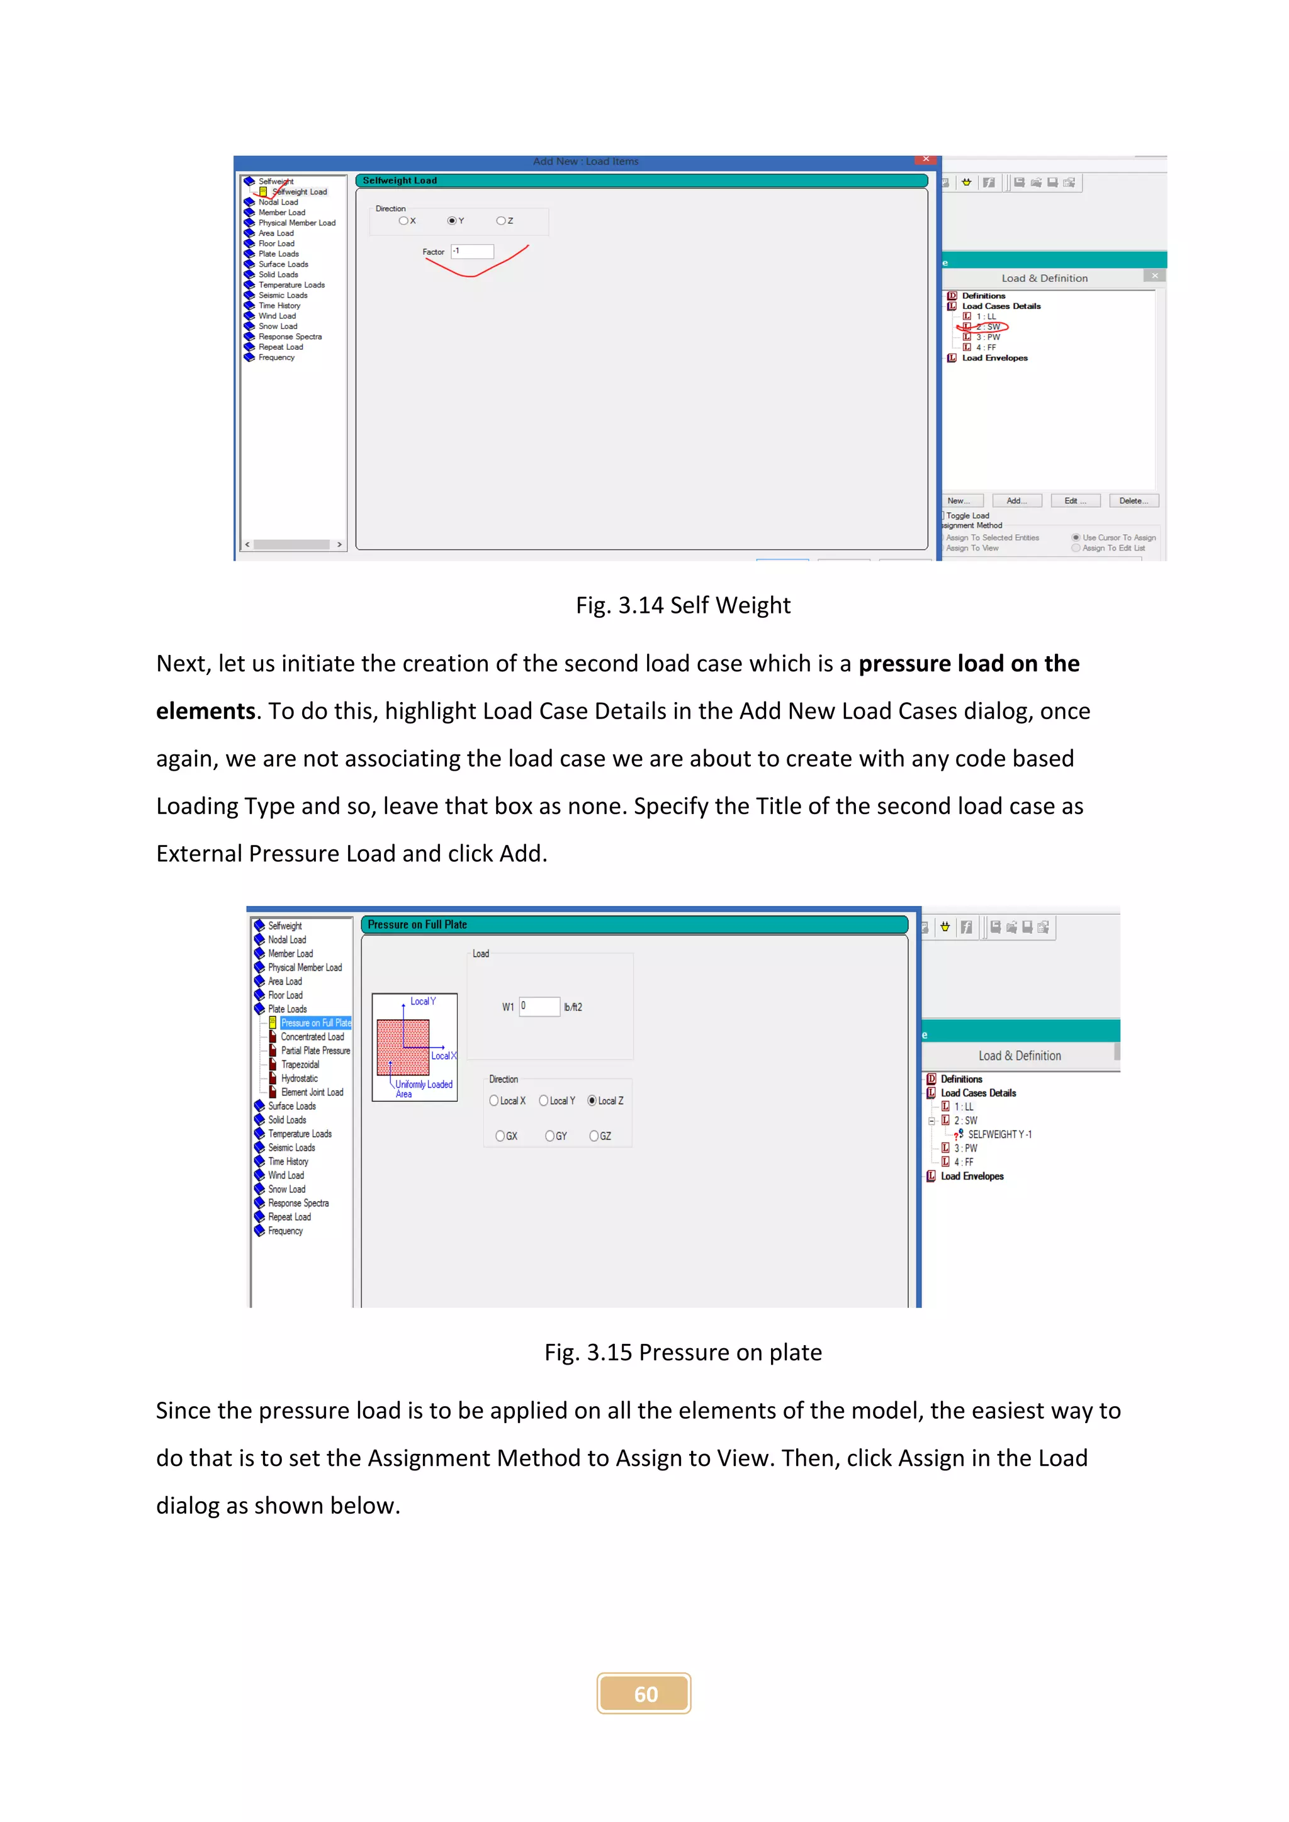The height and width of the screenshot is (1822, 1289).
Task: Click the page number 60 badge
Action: click(644, 1694)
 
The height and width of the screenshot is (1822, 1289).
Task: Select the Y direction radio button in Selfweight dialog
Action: click(452, 221)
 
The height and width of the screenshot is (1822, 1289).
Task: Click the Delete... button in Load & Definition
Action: click(1134, 501)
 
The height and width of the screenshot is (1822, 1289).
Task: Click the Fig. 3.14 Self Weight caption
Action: click(683, 605)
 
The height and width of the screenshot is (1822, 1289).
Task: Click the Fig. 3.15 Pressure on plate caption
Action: click(683, 1352)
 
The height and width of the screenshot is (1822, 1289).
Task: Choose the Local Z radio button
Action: click(592, 1100)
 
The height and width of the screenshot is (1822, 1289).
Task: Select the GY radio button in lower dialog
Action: click(550, 1136)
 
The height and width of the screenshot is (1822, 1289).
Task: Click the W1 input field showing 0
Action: click(540, 1006)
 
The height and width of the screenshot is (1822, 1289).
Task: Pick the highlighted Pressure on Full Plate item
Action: click(316, 1023)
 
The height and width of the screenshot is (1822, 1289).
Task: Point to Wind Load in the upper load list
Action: click(277, 316)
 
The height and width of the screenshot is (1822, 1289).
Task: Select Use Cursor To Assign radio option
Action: click(1076, 537)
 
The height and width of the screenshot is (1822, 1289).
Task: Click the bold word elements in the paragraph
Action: click(206, 711)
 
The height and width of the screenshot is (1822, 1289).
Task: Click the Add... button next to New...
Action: click(1016, 501)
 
